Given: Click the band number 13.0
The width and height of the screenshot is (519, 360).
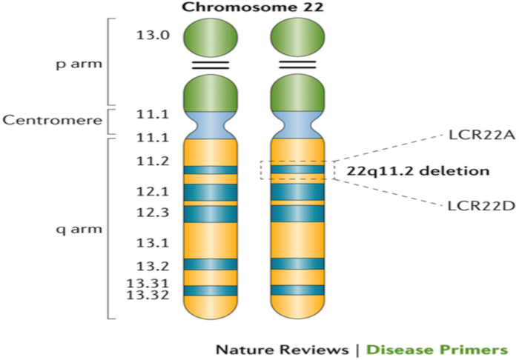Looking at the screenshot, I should [153, 34].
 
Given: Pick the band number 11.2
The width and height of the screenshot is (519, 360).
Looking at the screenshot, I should [153, 161].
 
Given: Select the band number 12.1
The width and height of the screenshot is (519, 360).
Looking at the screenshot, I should [153, 192].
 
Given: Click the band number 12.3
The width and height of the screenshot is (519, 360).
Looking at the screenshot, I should [153, 213].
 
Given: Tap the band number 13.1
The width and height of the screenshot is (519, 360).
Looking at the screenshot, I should [153, 241].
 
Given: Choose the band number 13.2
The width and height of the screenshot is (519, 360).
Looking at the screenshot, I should [153, 266].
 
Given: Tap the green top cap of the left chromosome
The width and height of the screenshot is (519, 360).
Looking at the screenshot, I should [211, 36].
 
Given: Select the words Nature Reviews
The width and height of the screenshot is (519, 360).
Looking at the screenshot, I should [281, 349].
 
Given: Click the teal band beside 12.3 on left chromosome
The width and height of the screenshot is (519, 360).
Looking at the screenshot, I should [211, 213].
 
